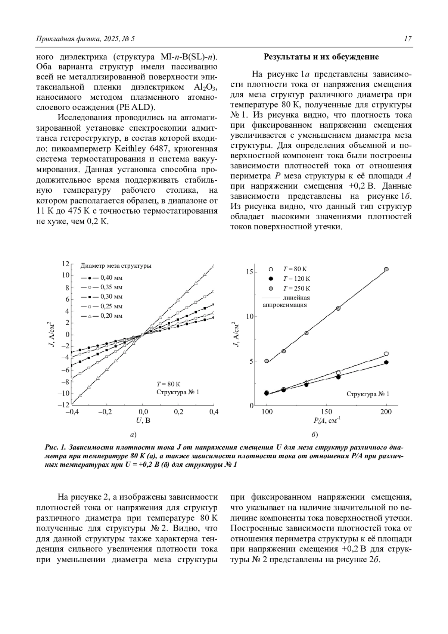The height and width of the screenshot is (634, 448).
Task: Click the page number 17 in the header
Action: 408,39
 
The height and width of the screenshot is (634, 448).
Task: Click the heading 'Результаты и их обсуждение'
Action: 321,57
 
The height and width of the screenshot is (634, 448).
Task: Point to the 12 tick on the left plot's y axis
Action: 65,264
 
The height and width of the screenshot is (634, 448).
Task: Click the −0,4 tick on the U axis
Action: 71,412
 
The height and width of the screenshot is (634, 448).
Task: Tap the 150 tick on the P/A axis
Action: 326,412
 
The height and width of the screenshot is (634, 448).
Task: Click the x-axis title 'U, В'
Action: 143,420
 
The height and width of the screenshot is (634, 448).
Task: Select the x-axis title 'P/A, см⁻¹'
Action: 326,421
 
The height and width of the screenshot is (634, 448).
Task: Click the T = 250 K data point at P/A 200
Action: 386,269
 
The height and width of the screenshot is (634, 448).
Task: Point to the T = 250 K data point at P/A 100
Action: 267,361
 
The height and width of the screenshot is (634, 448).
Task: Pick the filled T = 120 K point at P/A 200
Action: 386,362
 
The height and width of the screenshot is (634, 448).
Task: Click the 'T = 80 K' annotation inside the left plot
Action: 168,384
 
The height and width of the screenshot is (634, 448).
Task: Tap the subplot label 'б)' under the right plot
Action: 314,435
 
